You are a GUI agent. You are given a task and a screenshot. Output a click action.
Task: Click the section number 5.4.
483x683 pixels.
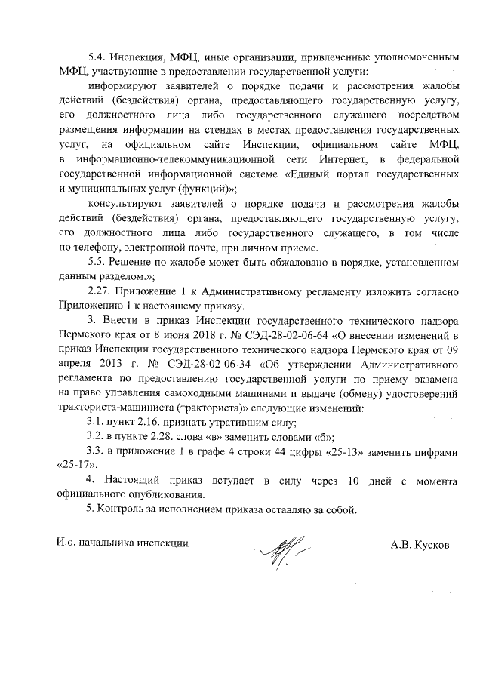[x=98, y=58]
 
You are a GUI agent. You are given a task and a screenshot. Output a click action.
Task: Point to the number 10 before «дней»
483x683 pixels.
[x=337, y=480]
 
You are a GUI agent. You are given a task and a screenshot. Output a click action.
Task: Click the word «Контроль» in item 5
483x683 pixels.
[x=125, y=509]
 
